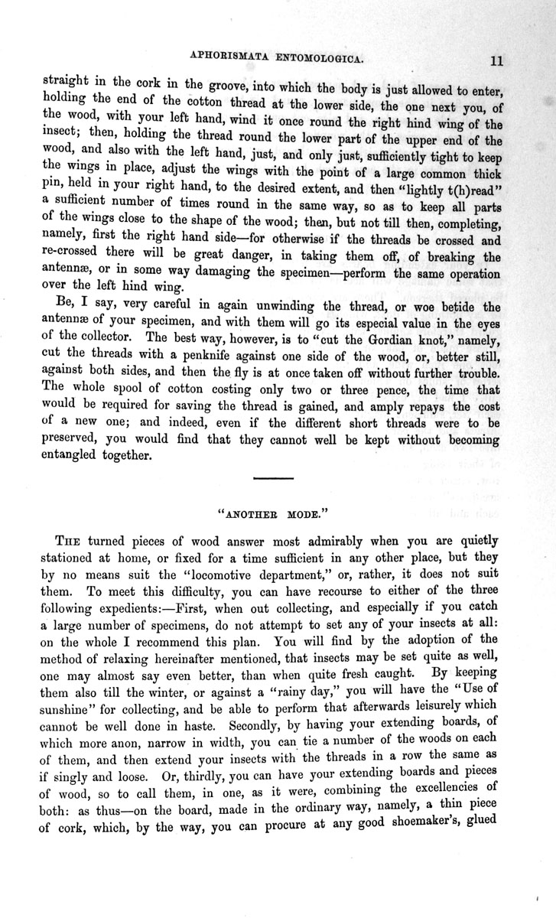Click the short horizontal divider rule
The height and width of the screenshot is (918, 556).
273,478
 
